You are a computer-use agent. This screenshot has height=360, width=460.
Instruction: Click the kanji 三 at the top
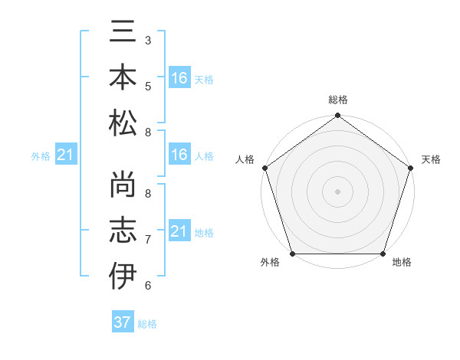123,33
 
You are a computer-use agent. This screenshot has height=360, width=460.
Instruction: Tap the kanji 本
123,77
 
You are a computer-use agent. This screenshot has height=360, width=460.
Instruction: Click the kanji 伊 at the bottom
123,275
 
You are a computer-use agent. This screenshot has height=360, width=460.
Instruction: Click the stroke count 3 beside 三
147,40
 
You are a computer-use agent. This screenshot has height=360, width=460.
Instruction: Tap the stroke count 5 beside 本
147,86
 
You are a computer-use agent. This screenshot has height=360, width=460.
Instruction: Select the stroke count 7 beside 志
147,239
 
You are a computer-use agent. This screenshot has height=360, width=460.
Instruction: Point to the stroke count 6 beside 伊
147,285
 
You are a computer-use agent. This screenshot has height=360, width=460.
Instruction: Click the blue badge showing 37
123,322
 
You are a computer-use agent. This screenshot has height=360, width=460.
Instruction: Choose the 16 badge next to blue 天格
179,78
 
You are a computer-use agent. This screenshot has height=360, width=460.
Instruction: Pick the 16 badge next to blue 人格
179,155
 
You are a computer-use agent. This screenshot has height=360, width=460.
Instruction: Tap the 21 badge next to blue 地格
179,231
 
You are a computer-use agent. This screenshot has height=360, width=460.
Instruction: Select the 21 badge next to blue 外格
66,155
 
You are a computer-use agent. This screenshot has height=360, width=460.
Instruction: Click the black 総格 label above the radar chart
338,100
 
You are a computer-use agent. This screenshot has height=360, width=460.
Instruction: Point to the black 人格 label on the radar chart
245,159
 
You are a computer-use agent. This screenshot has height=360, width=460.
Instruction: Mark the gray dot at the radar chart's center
337,191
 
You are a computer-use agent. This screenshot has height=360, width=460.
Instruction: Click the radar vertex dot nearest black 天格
411,168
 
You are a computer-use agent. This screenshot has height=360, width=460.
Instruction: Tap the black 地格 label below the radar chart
402,263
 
